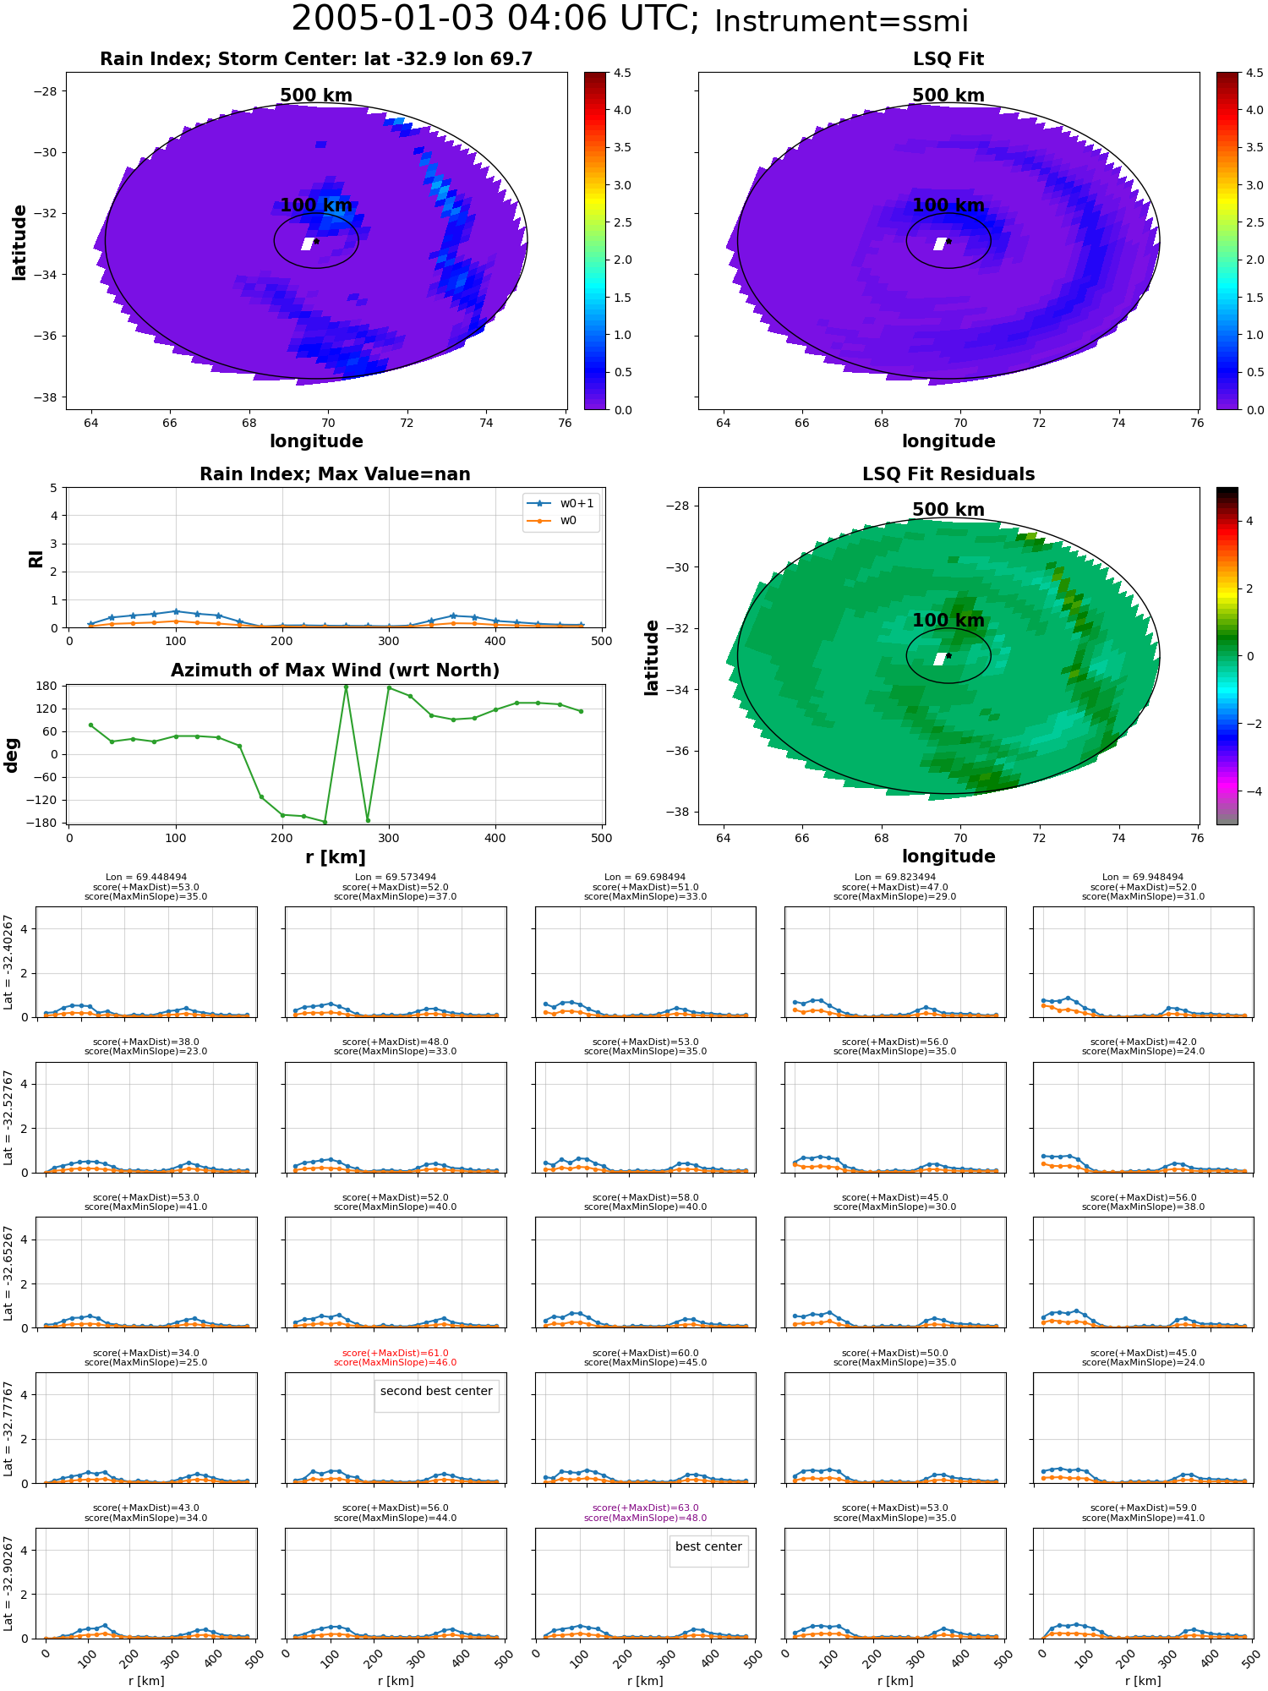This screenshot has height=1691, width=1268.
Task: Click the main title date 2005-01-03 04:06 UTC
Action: click(x=495, y=19)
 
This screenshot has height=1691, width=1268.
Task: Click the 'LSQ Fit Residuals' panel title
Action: click(x=948, y=474)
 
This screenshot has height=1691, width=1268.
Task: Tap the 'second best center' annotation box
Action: click(x=436, y=1392)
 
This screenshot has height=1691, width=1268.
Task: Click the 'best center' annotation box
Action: click(x=708, y=1547)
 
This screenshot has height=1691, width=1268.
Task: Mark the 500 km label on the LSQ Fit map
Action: click(x=948, y=96)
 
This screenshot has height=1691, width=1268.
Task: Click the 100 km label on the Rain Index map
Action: click(x=316, y=205)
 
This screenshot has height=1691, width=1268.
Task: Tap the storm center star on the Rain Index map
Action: click(x=316, y=241)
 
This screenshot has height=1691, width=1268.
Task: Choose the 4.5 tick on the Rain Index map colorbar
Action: click(x=622, y=74)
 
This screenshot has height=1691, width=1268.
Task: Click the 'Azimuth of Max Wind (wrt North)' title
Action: click(x=335, y=670)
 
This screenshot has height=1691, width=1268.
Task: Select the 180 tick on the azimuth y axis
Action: click(x=47, y=687)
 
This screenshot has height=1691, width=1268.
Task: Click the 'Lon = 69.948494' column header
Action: click(x=1142, y=878)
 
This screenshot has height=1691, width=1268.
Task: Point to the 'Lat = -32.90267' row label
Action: click(x=8, y=1584)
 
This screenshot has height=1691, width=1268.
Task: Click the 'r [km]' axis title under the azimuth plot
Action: click(x=335, y=857)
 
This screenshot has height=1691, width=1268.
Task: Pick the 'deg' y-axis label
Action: click(x=12, y=755)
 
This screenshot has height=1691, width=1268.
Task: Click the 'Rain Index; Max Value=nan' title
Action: click(x=335, y=474)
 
